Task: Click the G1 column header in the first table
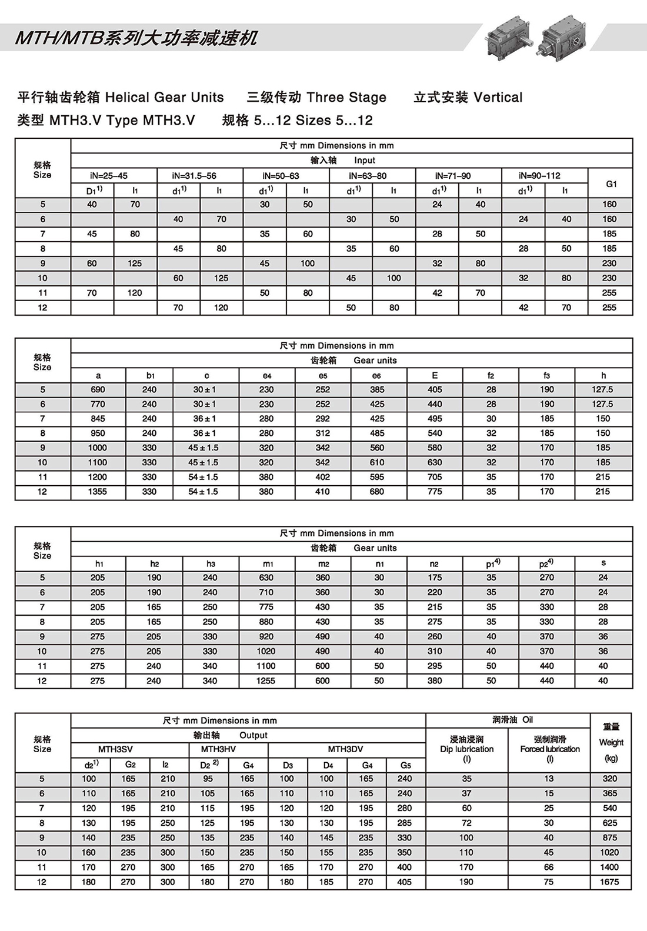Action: tap(611, 183)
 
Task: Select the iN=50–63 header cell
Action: tap(286, 175)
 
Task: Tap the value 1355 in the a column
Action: tap(98, 492)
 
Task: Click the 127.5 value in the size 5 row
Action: tap(603, 389)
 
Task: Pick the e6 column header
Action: tap(376, 375)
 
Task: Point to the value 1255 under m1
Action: tap(266, 680)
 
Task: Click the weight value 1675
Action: tap(609, 882)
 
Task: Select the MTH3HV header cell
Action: tap(218, 749)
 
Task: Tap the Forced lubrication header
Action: tap(549, 749)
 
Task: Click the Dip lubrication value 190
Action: tap(466, 882)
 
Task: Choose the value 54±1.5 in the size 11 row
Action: tap(204, 477)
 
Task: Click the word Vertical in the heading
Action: tap(498, 98)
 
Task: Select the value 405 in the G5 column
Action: tap(405, 882)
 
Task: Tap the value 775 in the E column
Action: tap(435, 492)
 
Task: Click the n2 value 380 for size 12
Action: tap(435, 680)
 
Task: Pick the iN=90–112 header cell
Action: tap(539, 175)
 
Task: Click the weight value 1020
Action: tap(609, 852)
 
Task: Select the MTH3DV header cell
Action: tap(346, 749)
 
